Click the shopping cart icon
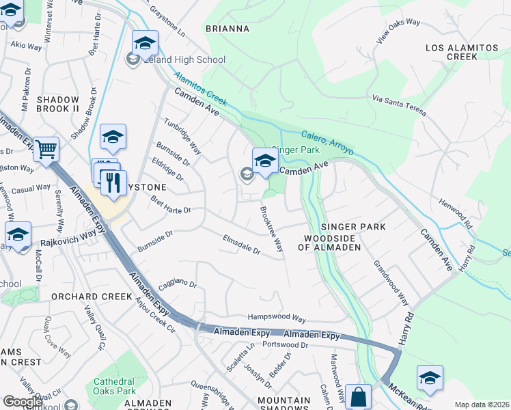point(46,148)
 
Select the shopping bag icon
point(358,396)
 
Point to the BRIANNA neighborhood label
point(227,29)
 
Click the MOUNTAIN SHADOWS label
point(284,405)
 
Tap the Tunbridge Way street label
point(182,137)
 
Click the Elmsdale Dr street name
point(242,245)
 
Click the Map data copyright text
point(481,405)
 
